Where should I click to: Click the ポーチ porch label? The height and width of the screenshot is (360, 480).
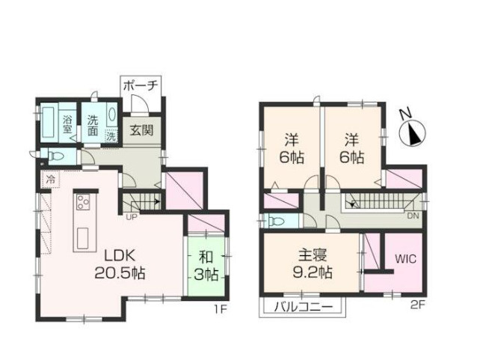coord(141,86)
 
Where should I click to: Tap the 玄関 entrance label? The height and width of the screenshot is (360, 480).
coord(141,130)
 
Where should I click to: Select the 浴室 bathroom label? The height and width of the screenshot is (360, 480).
coord(67,124)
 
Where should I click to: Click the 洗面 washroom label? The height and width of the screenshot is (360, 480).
coord(93,126)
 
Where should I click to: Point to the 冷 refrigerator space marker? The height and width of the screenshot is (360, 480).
coord(51,179)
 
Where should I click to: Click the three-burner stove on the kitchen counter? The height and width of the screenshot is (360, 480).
coord(83,201)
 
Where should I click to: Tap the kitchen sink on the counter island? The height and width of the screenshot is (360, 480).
coord(83,238)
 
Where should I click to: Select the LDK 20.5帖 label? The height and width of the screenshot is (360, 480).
coord(120,264)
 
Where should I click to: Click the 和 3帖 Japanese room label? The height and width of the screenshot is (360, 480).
coord(206,266)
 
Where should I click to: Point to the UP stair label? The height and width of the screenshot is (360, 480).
coord(132,218)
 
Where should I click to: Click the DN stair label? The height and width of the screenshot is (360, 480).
coord(413,216)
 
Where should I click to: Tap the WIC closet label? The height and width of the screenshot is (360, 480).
coord(406,259)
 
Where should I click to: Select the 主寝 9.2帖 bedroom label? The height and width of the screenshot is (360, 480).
coord(313,263)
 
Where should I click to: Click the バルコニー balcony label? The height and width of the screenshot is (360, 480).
coord(303,307)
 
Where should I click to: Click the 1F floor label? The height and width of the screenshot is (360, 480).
coord(220,310)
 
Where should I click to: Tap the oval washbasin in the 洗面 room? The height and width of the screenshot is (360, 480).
coord(112,115)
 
